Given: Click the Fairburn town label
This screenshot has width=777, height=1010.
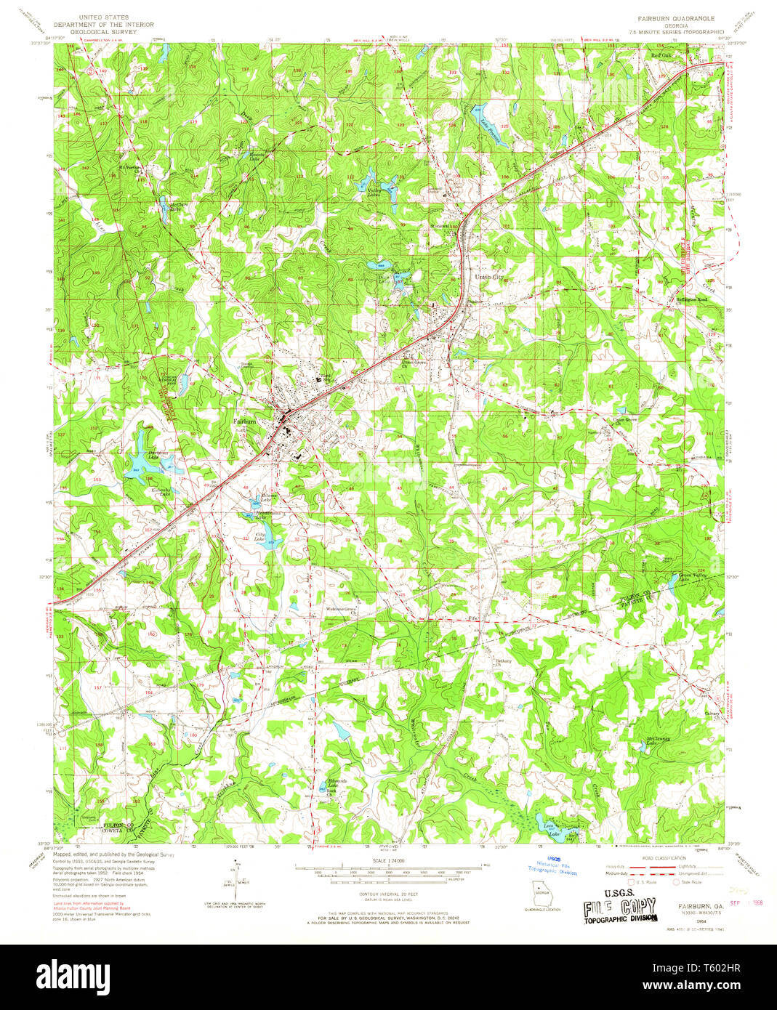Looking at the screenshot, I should pos(244,421).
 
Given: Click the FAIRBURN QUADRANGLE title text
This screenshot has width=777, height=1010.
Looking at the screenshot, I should pos(677,17).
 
